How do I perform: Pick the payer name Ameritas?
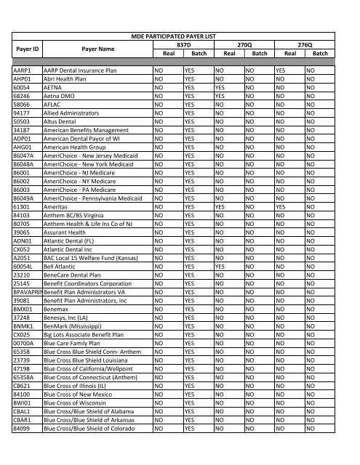tap(59, 206)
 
